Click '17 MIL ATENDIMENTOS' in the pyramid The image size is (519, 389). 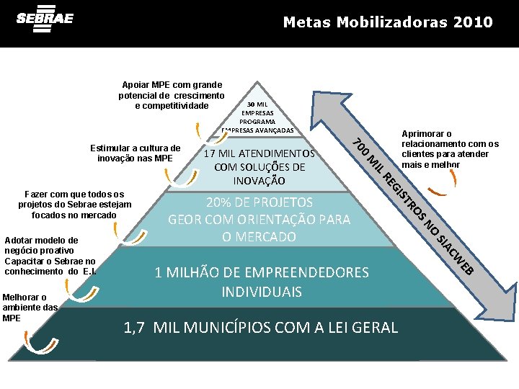coord(259,153)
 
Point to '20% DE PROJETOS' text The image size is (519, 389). coord(259,202)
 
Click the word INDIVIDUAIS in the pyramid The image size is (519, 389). coord(261,292)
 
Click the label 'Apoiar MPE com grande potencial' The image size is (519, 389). coord(172,95)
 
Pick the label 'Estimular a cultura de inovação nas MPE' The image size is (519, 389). coord(135,153)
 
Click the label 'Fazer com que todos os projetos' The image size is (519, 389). coord(75,205)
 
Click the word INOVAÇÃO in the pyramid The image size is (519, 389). coord(259,180)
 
